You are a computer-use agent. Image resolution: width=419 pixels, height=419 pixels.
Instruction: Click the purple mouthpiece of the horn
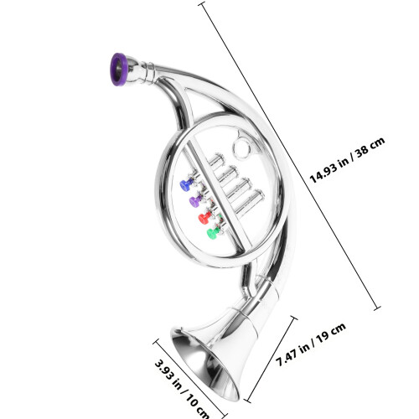119,70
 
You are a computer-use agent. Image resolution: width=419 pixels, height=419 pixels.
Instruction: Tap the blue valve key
186,184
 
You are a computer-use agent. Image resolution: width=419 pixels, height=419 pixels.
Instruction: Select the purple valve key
195,201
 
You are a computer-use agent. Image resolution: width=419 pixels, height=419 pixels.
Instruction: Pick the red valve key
205,218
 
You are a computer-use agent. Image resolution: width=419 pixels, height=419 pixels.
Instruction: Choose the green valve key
214,233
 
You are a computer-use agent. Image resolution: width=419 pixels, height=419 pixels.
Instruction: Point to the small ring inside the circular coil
243,148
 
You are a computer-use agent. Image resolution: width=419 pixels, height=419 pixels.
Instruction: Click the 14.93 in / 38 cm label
347,160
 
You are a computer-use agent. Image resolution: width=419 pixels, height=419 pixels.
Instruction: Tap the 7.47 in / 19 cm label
311,344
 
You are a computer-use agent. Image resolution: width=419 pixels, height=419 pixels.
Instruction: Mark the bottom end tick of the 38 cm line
377,308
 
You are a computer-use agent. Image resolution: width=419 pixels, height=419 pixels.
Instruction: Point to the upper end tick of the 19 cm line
293,318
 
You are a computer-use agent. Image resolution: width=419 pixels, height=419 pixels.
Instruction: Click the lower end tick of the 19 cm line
247,401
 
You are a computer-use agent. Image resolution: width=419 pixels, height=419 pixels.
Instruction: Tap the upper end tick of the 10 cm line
156,341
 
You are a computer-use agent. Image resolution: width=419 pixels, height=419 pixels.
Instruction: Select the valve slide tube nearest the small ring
216,160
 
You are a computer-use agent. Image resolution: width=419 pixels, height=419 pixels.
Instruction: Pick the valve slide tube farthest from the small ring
250,202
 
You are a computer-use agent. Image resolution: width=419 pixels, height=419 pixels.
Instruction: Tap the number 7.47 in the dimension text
287,358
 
